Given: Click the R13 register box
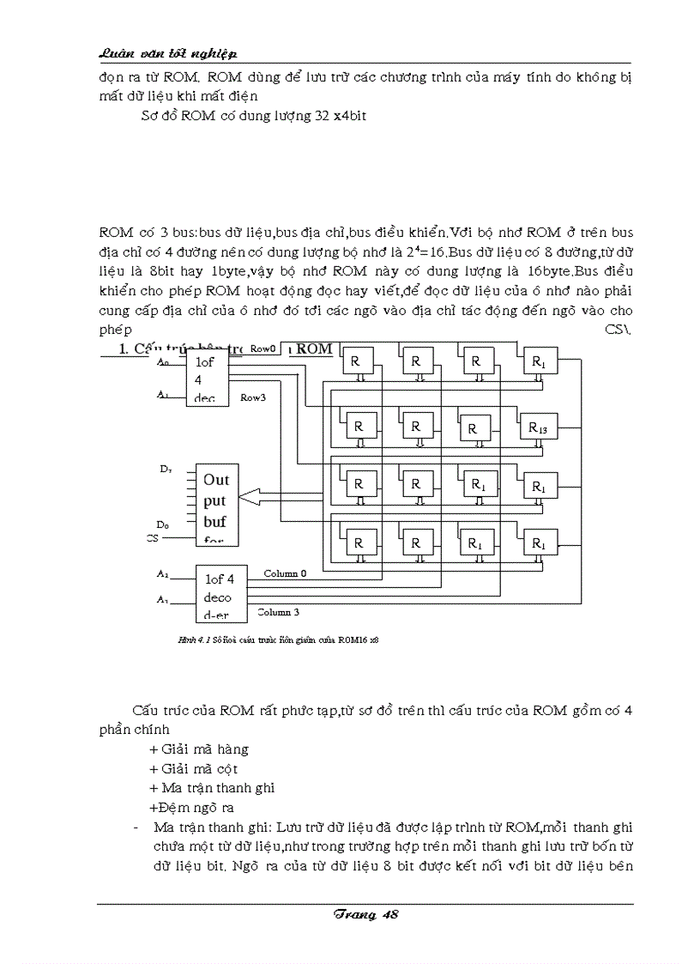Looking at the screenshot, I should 537,427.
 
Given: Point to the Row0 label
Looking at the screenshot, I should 262,349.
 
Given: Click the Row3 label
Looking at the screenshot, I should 252,397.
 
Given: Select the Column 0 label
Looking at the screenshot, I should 285,573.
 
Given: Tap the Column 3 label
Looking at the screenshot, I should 279,612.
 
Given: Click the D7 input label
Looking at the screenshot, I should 165,468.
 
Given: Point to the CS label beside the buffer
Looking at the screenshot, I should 153,538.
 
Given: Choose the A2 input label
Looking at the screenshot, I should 163,573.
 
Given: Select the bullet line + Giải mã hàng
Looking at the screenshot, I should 199,749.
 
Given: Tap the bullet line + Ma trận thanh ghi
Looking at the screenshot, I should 212,787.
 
